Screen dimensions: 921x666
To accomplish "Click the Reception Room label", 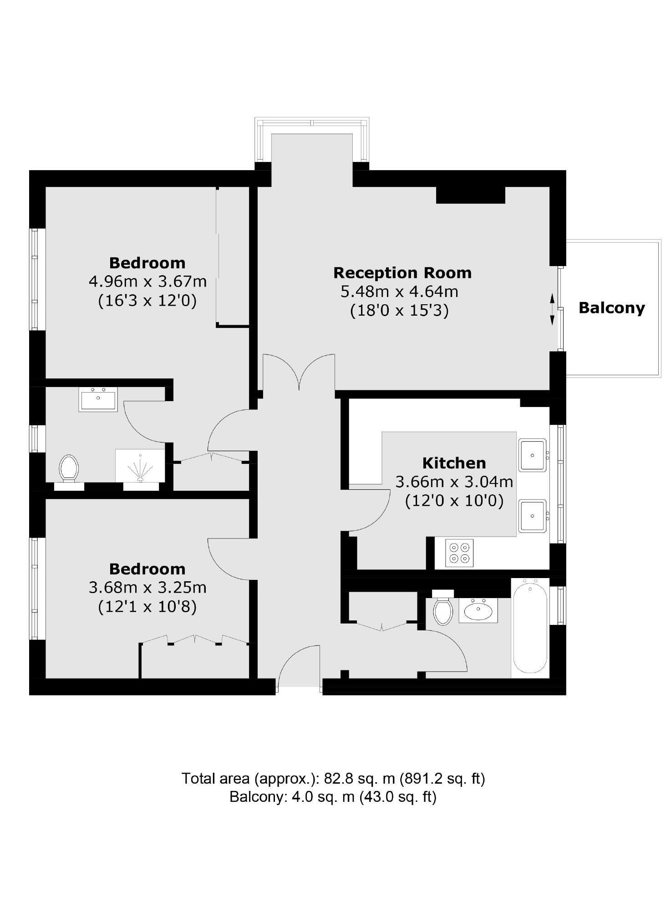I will [x=402, y=272].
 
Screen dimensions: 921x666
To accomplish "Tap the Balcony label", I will [x=611, y=308].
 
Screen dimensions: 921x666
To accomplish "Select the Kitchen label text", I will [x=454, y=463].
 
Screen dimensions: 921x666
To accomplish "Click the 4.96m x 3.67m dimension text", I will [x=147, y=282].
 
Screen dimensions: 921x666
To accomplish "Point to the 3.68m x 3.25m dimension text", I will [x=147, y=588].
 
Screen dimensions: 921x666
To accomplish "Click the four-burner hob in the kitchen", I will [x=459, y=553].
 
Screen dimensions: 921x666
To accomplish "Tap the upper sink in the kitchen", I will [x=532, y=455].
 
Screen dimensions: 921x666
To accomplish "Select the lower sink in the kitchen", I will [x=532, y=516].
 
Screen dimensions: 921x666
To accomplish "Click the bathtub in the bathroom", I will [x=530, y=628].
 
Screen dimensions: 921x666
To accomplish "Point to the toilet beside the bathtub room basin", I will [x=443, y=609].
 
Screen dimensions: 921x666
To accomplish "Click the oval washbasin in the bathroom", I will [x=478, y=610].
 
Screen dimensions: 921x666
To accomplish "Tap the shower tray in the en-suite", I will [x=140, y=466].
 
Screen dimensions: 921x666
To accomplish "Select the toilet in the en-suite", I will [x=69, y=468].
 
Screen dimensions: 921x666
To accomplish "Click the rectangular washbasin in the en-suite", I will [x=98, y=399].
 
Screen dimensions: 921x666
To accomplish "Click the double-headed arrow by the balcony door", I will [x=552, y=309].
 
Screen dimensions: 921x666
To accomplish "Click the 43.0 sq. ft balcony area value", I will [x=398, y=797].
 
